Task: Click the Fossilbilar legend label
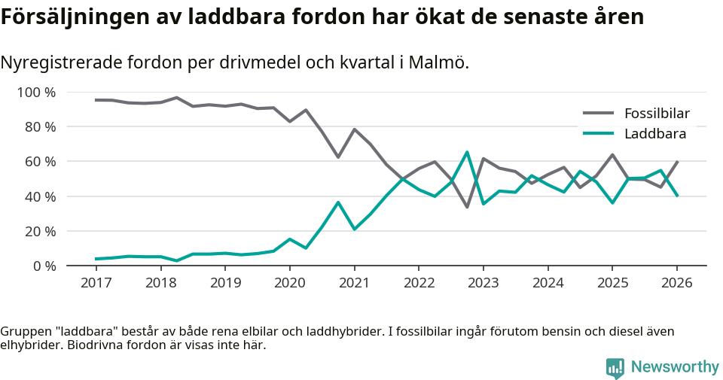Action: tap(657, 114)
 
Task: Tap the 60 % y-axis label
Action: tap(40, 162)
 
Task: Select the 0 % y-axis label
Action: tap(44, 266)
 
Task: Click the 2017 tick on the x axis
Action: tap(96, 283)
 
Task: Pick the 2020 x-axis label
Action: tap(289, 283)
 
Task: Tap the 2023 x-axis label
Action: tap(483, 283)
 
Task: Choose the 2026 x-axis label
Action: tap(676, 283)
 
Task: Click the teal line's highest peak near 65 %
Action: tap(467, 152)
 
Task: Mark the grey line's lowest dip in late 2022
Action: tap(467, 207)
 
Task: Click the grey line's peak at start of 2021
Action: tap(354, 129)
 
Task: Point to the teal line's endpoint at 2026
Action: tap(677, 196)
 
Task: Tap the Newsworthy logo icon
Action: tap(615, 367)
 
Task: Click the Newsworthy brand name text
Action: tap(675, 367)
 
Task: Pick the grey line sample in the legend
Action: tap(599, 114)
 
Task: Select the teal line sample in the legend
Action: tap(599, 134)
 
